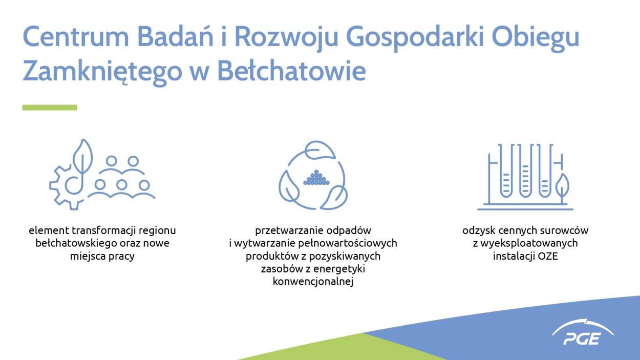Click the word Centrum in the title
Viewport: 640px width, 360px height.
(76, 37)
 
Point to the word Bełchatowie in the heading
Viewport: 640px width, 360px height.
(292, 71)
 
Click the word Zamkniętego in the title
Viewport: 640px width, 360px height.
(102, 73)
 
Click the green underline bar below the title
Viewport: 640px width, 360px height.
(50, 108)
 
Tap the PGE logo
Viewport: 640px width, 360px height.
(583, 332)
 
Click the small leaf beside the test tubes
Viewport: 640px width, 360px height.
(562, 186)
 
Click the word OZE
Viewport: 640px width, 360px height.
(547, 256)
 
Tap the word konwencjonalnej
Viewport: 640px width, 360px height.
(313, 282)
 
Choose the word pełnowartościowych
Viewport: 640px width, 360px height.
(348, 243)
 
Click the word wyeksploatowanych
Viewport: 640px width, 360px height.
(529, 243)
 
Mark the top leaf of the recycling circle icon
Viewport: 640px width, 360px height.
(320, 150)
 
